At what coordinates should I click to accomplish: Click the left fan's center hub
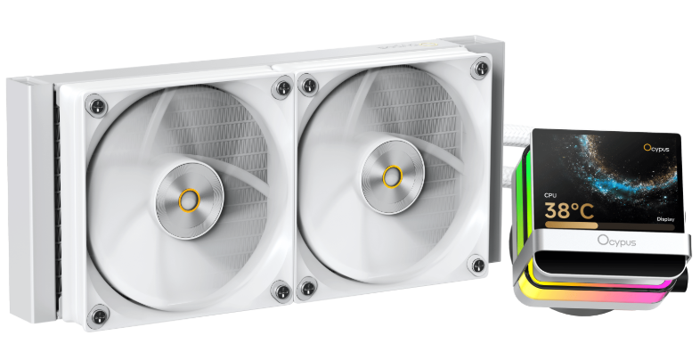click(x=190, y=200)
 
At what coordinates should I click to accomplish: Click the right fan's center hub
click(x=393, y=176)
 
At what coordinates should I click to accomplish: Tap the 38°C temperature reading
click(x=569, y=210)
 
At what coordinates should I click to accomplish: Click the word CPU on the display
click(x=549, y=195)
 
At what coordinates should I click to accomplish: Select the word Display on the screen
click(x=665, y=219)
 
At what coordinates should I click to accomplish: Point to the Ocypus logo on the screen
click(x=656, y=148)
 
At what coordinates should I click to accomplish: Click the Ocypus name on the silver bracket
click(x=616, y=241)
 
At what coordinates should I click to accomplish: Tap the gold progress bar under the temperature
click(x=571, y=225)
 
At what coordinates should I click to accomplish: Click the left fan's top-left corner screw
click(x=96, y=106)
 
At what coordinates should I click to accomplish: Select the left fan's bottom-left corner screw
click(x=98, y=316)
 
